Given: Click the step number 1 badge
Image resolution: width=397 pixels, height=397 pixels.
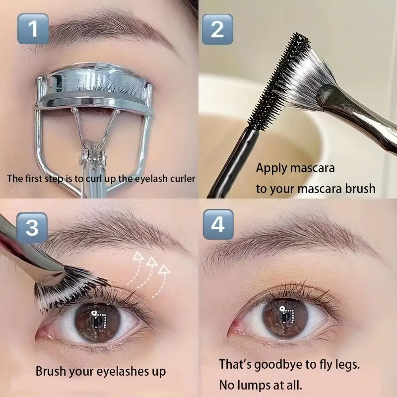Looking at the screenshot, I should pyautogui.click(x=33, y=29).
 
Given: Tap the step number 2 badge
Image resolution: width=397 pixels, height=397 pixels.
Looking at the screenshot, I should pyautogui.click(x=217, y=29).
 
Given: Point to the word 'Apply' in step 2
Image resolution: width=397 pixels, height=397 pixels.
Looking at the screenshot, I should pyautogui.click(x=272, y=168).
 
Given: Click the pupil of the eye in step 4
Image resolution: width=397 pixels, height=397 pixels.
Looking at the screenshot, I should pyautogui.click(x=284, y=316).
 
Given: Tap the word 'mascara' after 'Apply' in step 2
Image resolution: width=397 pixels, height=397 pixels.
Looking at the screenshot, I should pyautogui.click(x=312, y=168).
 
